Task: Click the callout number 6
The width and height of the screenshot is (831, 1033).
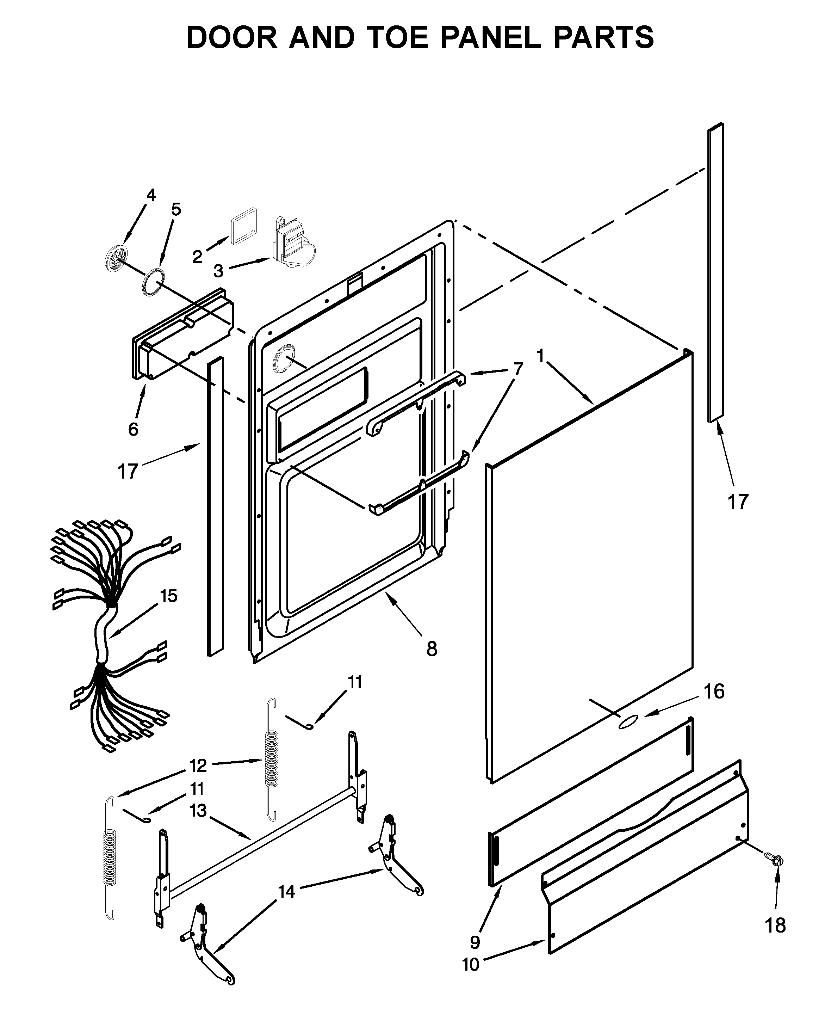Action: tap(133, 429)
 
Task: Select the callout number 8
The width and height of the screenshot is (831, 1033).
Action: tap(432, 649)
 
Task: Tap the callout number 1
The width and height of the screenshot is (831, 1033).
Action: tap(540, 356)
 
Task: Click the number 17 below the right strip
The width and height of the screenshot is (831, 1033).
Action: tap(738, 502)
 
